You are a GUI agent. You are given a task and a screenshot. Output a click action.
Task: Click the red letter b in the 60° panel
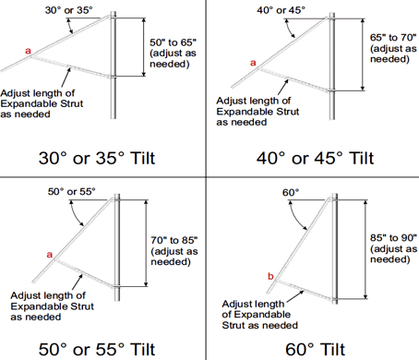pyautogui.click(x=270, y=276)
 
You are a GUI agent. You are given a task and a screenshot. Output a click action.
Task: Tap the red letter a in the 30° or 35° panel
pyautogui.click(x=28, y=51)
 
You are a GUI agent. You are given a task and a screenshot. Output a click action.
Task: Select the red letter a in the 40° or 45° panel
pyautogui.click(x=253, y=63)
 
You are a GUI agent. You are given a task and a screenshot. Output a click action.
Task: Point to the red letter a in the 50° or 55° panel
pyautogui.click(x=50, y=255)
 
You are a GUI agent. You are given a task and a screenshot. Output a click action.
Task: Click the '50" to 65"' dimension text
pyautogui.click(x=173, y=42)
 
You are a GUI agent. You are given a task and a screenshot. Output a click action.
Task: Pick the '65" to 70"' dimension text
pyautogui.click(x=393, y=38)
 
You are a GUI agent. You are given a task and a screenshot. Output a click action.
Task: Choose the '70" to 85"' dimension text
pyautogui.click(x=174, y=240)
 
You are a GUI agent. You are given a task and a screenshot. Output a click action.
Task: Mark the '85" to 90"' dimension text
pyautogui.click(x=393, y=238)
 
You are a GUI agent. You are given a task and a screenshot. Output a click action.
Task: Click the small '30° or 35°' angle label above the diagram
pyautogui.click(x=69, y=10)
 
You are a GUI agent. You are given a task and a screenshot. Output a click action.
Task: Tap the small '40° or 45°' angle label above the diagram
pyautogui.click(x=281, y=10)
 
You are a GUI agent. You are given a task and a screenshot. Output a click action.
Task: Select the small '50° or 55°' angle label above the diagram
pyautogui.click(x=72, y=192)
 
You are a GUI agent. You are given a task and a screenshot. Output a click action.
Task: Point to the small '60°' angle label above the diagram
pyautogui.click(x=291, y=193)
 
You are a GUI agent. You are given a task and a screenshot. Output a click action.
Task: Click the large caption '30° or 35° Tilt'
pyautogui.click(x=97, y=158)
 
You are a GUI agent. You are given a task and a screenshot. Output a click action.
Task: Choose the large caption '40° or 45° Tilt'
pyautogui.click(x=315, y=158)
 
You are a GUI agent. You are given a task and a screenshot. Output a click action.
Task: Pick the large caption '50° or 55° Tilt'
pyautogui.click(x=97, y=349)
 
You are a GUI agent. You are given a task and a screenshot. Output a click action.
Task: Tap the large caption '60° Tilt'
pyautogui.click(x=316, y=349)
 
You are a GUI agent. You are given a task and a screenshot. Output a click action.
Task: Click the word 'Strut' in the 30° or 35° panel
pyautogui.click(x=71, y=103)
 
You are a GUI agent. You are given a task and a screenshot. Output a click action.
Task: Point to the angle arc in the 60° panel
pyautogui.click(x=295, y=217)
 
